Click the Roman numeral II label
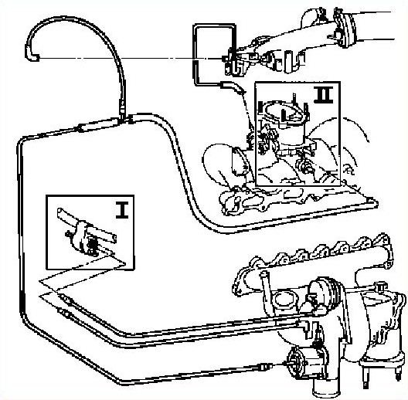[324, 95]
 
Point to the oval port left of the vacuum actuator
[284, 299]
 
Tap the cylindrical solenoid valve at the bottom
[306, 363]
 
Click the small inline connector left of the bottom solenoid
[265, 367]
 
